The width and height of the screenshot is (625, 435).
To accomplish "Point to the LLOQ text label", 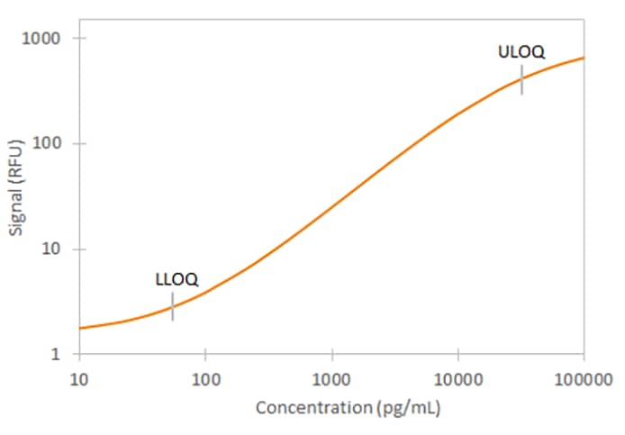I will [x=177, y=279].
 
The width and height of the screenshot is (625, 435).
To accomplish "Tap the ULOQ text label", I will [x=521, y=52].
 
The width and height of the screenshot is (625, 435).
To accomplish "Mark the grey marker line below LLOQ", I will [x=173, y=306].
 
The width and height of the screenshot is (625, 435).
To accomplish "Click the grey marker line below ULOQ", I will [x=521, y=79].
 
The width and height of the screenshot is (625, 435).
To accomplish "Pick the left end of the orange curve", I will [x=80, y=328].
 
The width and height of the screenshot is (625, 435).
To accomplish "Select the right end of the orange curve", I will [x=584, y=58].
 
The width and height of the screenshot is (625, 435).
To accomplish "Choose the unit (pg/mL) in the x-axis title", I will [x=408, y=408].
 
